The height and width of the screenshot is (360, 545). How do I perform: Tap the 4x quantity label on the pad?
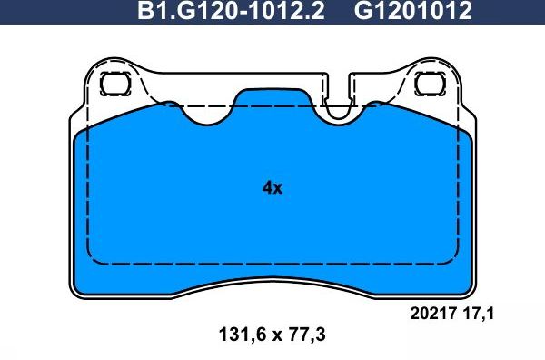pos(272,188)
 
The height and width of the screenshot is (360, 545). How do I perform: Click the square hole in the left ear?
pos(115,84)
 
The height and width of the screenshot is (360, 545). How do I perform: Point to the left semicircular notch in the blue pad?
pos(209,113)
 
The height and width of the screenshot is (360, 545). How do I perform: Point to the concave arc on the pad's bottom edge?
pos(272,281)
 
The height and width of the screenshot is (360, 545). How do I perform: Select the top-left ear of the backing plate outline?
pos(104,68)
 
